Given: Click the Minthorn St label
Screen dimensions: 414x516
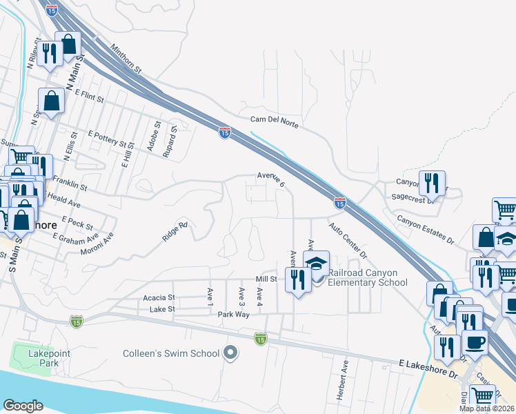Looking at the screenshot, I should coord(125,59).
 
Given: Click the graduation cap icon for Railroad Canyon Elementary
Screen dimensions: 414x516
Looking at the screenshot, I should coord(317,265).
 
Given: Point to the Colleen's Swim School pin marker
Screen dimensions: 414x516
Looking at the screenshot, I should coord(231,354).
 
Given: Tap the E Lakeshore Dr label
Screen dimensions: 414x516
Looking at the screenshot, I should coord(428,368).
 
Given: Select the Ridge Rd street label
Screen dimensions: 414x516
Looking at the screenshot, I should coord(175,231).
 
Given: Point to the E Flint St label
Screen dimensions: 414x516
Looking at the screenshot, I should coord(89,96).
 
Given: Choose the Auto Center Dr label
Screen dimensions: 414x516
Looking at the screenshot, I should coord(348,239).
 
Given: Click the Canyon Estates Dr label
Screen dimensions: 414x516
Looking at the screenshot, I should coord(424,229).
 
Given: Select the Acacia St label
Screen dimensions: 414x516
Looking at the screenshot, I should coord(159,297).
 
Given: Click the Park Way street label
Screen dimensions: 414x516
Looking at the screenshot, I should coord(233,314).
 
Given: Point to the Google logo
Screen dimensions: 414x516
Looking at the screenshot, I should coord(23,406).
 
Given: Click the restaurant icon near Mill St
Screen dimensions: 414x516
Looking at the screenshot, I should coord(298,279).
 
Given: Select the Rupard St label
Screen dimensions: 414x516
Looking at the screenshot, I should coord(170,141).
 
